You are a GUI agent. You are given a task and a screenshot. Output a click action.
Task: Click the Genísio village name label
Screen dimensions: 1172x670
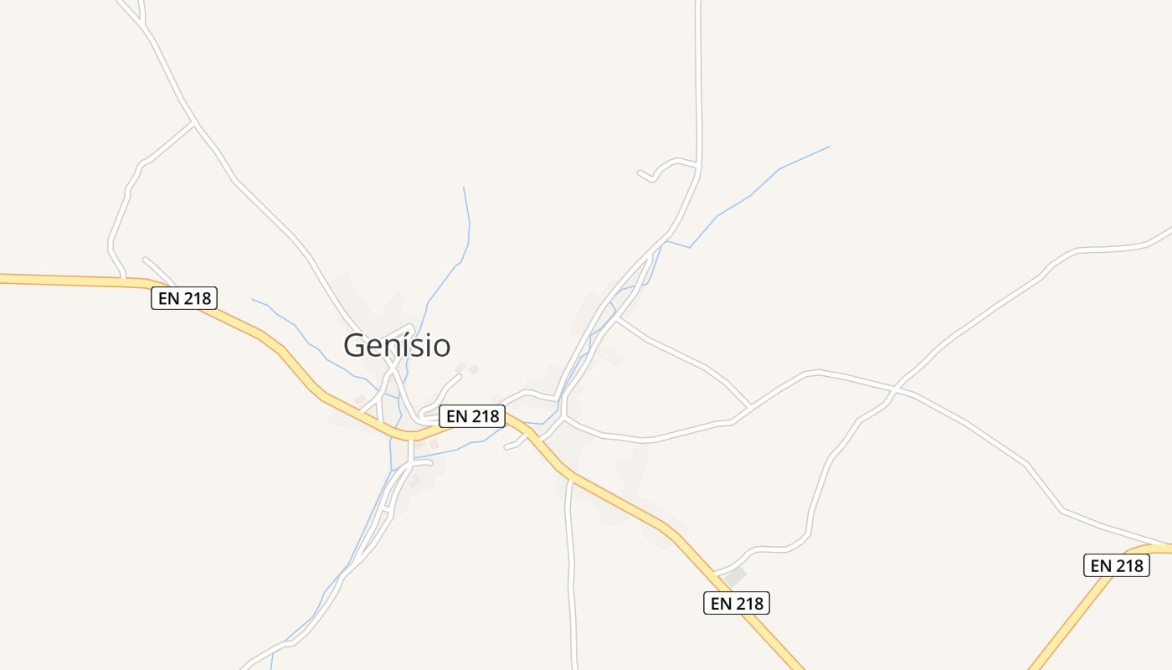(x=397, y=345)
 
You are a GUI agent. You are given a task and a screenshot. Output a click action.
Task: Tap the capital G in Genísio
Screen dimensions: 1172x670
(x=356, y=345)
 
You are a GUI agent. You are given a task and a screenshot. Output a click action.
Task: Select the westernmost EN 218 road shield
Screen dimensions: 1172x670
(x=184, y=297)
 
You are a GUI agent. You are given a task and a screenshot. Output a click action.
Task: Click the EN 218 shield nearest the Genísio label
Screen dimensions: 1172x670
(x=472, y=415)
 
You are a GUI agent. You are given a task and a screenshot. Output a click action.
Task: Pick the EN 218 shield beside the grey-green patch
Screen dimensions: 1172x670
(x=736, y=602)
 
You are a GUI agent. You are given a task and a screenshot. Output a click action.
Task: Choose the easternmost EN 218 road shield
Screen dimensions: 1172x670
(x=1117, y=565)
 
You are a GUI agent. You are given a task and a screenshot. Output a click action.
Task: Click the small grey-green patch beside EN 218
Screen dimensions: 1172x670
(x=734, y=576)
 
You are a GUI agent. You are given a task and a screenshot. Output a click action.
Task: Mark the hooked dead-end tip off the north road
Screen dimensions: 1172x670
(x=640, y=173)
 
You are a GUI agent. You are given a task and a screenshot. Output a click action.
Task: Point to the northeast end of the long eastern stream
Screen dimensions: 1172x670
(x=830, y=147)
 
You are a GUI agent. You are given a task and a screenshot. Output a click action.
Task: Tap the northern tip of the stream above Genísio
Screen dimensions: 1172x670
(x=464, y=187)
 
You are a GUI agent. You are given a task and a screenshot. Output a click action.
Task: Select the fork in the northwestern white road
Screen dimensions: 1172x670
(x=195, y=124)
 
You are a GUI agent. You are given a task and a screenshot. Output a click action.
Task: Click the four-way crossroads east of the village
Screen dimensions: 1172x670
(x=895, y=389)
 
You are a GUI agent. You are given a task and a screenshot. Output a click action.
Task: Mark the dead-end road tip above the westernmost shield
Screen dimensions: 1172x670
(x=145, y=259)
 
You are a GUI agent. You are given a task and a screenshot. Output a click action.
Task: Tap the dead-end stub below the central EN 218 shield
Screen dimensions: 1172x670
(x=506, y=447)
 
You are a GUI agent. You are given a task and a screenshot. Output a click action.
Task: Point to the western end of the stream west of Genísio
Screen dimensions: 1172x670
(x=252, y=299)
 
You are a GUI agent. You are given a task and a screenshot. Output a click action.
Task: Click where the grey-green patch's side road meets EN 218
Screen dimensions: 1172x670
(x=713, y=573)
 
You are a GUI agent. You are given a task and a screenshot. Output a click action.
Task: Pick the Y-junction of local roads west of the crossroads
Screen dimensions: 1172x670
(x=749, y=407)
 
